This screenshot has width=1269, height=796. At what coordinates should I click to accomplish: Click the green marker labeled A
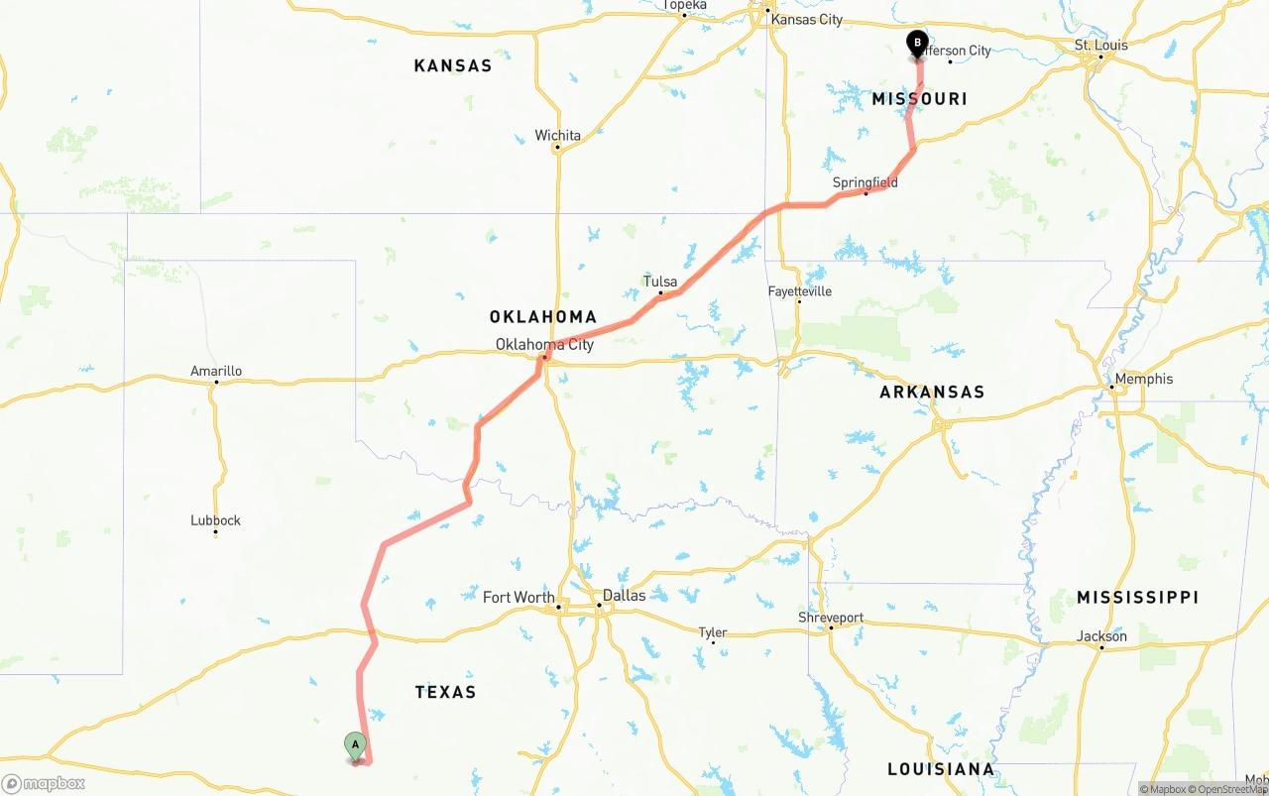(355, 745)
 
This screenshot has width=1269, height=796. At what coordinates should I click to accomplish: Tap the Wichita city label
(557, 136)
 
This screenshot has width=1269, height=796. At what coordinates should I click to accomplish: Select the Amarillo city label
(216, 372)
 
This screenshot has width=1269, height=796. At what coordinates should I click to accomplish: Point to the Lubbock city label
(215, 520)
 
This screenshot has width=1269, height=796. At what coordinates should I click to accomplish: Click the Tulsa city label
(660, 282)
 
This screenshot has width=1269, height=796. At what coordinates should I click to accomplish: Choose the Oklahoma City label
(544, 345)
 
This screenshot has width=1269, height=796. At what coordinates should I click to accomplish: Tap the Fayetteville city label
(799, 291)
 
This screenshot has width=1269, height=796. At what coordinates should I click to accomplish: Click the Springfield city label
(865, 182)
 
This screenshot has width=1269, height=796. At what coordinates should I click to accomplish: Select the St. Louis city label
(1100, 46)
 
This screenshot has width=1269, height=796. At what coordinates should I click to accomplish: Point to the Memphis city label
(1143, 379)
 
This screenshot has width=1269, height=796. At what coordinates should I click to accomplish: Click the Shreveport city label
(831, 618)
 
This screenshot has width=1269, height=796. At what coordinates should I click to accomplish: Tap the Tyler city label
(712, 632)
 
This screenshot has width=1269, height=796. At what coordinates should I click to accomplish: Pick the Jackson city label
(1101, 636)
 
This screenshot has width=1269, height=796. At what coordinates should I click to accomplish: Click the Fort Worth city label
(519, 597)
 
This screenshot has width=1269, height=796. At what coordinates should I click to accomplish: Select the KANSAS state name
(452, 65)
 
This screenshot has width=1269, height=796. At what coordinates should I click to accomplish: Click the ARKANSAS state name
(932, 392)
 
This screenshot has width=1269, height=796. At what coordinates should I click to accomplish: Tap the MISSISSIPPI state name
(1137, 597)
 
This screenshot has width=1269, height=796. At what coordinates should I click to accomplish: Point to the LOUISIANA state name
(940, 769)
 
